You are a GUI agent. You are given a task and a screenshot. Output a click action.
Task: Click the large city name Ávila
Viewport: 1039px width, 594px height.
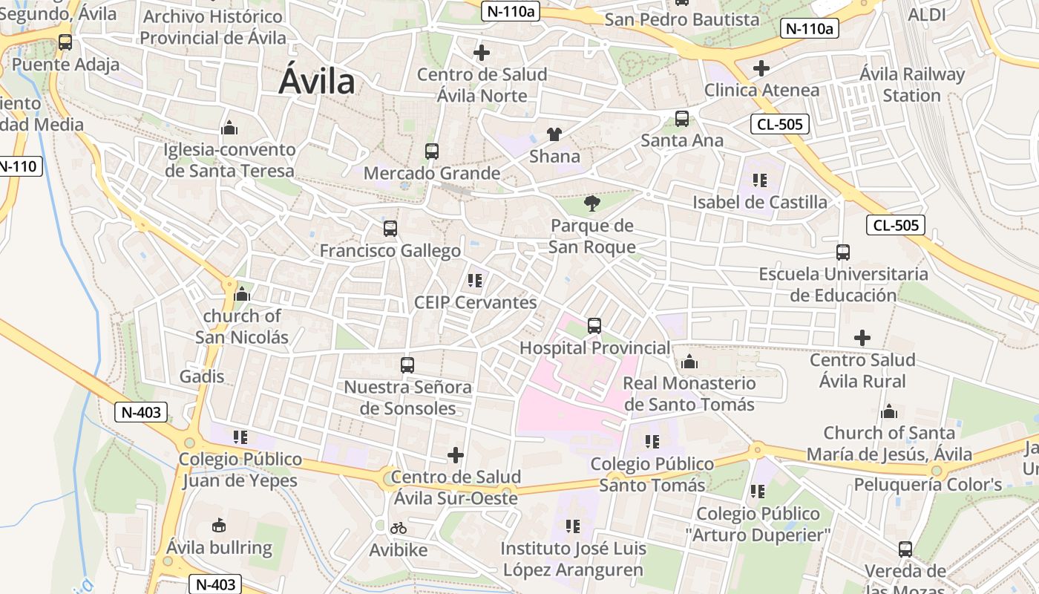317,81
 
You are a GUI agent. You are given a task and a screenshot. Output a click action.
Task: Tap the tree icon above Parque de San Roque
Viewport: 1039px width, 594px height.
592,202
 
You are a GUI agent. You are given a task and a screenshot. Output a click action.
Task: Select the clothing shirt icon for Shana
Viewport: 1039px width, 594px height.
554,134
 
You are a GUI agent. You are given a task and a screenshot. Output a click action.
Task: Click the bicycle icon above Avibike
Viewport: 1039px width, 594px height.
399,528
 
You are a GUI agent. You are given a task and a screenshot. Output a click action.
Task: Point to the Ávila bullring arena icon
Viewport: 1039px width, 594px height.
219,526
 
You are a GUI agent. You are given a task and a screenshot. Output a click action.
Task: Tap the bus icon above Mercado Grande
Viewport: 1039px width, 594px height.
432,151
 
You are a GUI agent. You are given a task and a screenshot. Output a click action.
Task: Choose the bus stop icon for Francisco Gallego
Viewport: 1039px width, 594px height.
390,229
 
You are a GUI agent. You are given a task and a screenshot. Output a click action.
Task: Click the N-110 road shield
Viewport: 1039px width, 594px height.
19,166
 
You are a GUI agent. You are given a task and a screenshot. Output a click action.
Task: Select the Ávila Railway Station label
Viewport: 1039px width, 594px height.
912,85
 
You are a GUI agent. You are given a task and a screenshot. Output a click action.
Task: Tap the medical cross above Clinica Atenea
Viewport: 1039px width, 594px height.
761,68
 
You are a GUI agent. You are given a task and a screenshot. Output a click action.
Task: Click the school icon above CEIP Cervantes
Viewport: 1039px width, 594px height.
475,281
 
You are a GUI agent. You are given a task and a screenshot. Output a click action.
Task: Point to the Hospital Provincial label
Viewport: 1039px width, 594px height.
594,347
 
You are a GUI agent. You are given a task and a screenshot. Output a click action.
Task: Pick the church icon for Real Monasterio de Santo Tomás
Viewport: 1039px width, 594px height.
689,362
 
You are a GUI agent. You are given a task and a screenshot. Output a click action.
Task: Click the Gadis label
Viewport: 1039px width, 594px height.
202,376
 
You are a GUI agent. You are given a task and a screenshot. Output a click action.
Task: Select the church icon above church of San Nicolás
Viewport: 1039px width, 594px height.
242,295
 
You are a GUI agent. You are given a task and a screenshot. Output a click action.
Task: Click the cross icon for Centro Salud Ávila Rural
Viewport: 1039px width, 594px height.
862,339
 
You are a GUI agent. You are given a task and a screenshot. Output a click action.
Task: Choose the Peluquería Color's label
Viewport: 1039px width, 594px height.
928,485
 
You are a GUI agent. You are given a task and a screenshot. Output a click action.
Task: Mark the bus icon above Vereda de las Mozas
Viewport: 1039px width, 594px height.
905,549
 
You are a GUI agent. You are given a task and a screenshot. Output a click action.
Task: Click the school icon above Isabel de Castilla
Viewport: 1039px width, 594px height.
759,180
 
